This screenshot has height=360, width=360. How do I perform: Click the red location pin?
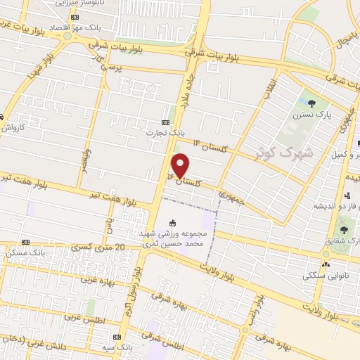(x=181, y=164)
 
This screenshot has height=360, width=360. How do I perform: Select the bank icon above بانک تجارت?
(x=165, y=120)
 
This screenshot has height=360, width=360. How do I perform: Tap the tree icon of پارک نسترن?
(x=304, y=103)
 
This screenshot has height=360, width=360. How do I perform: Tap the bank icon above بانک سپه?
(x=117, y=337)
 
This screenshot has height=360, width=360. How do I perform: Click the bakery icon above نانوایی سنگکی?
(x=325, y=264)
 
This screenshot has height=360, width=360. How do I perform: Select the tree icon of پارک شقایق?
(x=344, y=229)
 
